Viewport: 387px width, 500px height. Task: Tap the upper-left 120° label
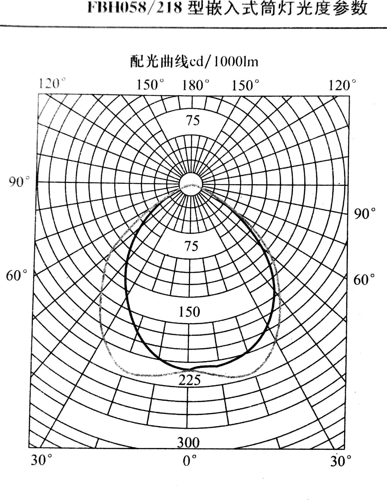(x=51, y=84)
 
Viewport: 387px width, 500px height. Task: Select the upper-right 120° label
(x=342, y=85)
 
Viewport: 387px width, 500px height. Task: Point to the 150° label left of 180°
(x=150, y=85)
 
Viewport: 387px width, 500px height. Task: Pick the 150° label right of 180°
(x=245, y=85)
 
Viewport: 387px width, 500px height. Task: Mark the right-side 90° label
(x=365, y=214)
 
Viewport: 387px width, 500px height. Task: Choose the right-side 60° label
(x=364, y=280)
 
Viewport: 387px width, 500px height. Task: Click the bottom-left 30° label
(x=42, y=460)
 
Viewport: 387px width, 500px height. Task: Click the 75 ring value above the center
(x=193, y=121)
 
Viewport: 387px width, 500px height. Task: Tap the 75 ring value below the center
(x=192, y=246)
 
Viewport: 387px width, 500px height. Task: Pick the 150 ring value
(x=189, y=312)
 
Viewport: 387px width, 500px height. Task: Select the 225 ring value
(x=189, y=380)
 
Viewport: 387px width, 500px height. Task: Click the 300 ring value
(x=188, y=443)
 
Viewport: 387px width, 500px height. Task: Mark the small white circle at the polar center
(x=191, y=184)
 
